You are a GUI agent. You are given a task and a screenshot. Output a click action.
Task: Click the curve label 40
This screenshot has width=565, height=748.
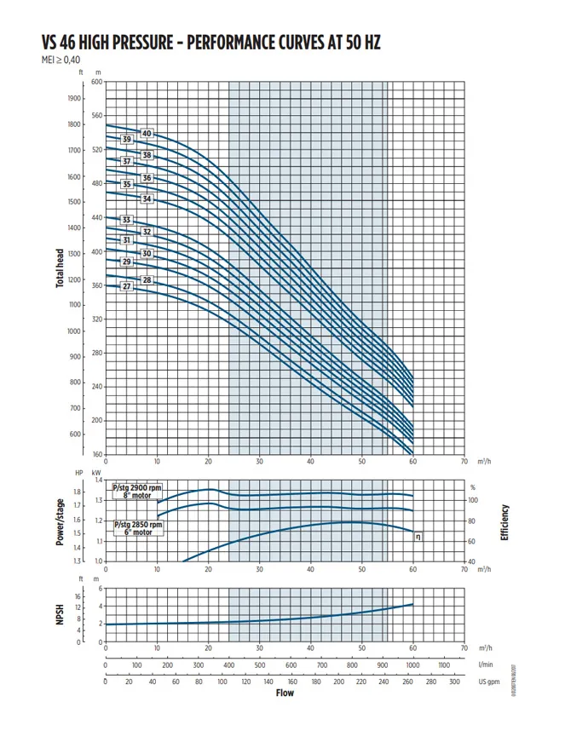click(147, 134)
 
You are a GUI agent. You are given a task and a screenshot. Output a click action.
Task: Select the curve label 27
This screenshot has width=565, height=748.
click(127, 287)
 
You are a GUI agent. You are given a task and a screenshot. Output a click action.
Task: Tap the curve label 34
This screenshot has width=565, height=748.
click(147, 199)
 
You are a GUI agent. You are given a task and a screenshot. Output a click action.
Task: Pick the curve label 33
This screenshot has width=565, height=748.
click(127, 221)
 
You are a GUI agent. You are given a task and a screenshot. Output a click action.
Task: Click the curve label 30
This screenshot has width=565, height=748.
click(147, 254)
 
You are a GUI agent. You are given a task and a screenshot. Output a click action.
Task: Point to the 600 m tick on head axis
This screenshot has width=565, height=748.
click(96, 82)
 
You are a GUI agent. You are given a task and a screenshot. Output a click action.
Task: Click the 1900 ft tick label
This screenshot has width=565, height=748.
click(74, 98)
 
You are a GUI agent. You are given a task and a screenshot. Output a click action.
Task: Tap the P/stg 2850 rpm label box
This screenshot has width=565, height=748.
click(132, 528)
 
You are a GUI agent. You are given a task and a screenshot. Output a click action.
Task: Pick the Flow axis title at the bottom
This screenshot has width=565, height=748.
click(285, 693)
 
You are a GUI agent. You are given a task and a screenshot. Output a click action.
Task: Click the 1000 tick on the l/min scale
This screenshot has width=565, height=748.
click(412, 665)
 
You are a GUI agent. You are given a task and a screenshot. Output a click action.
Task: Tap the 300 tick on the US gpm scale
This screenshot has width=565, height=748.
click(454, 682)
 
